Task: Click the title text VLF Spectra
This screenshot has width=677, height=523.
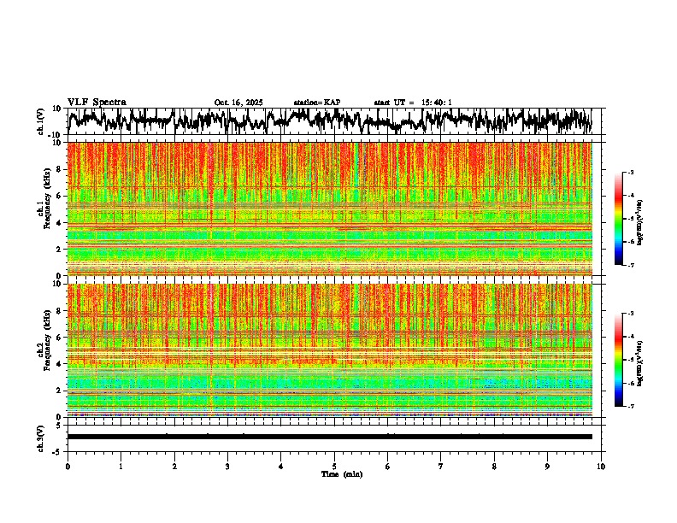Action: point(97,102)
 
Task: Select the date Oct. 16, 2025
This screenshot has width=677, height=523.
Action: point(238,103)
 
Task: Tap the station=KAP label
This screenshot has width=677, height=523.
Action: point(317,103)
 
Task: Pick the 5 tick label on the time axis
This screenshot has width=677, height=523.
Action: point(334,467)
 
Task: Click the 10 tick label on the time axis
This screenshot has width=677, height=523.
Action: point(601,467)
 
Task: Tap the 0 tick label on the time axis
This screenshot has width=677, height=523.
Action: point(68,467)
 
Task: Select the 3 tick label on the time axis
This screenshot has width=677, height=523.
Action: point(227,467)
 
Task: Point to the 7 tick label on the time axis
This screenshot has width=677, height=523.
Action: point(441,467)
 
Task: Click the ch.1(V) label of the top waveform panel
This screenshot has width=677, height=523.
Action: point(41,121)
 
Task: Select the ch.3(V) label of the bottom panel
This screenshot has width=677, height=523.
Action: point(41,436)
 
